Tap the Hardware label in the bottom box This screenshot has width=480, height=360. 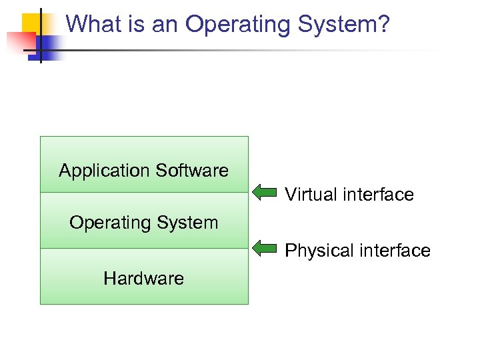143,278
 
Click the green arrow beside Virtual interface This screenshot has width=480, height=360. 265,194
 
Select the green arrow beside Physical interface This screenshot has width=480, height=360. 265,250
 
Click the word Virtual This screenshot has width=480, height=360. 311,195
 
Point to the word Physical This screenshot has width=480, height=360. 317,251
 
